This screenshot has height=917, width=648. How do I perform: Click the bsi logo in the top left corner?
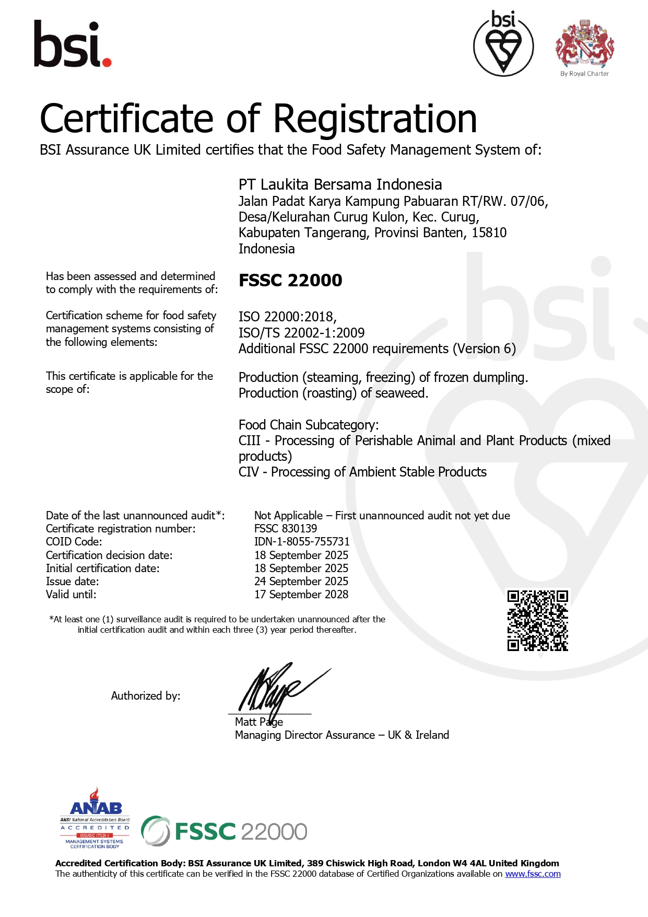[x=72, y=45]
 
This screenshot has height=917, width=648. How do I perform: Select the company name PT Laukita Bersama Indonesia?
[x=340, y=184]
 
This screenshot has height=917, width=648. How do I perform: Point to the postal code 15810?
[x=489, y=233]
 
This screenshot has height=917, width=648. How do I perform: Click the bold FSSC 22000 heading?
[x=290, y=281]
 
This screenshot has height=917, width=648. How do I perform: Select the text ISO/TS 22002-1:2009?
[x=301, y=333]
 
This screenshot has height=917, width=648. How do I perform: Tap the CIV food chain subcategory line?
[x=362, y=472]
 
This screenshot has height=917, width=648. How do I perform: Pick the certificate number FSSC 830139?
[x=286, y=528]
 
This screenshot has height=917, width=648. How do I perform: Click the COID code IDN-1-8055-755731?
[x=302, y=541]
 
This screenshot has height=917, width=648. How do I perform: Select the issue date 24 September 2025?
[x=301, y=581]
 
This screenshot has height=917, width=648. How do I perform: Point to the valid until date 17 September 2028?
[x=301, y=594]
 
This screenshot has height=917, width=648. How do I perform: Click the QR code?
[x=537, y=621]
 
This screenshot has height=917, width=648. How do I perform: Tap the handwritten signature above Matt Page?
[x=277, y=690]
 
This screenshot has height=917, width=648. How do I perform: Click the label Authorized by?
[x=145, y=696]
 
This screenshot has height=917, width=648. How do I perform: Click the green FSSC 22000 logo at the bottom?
[x=225, y=831]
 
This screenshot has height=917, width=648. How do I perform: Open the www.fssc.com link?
[x=533, y=874]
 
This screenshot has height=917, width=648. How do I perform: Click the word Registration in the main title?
[x=375, y=119]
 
